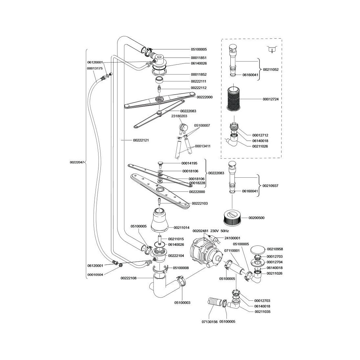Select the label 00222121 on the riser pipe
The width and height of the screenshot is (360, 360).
(141, 140)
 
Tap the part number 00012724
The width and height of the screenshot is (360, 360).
(271, 99)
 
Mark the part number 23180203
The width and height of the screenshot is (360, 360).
(179, 116)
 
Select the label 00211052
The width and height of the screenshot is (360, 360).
(271, 69)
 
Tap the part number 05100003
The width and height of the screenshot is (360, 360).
(182, 303)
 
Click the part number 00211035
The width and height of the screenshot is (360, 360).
(262, 312)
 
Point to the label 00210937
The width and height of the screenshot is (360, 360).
(271, 186)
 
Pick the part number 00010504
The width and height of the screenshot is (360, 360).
(95, 275)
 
